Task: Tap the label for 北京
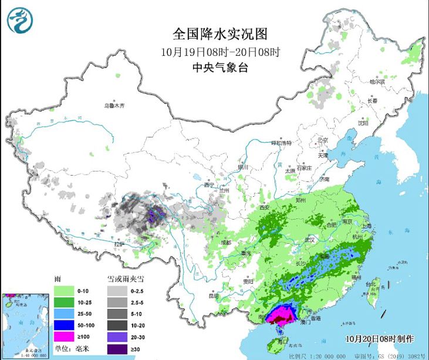pos(322,140)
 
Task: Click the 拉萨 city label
pos(119,243)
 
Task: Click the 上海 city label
pos(367,226)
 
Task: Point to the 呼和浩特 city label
pos(281,143)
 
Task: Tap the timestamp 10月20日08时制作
pos(379,339)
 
